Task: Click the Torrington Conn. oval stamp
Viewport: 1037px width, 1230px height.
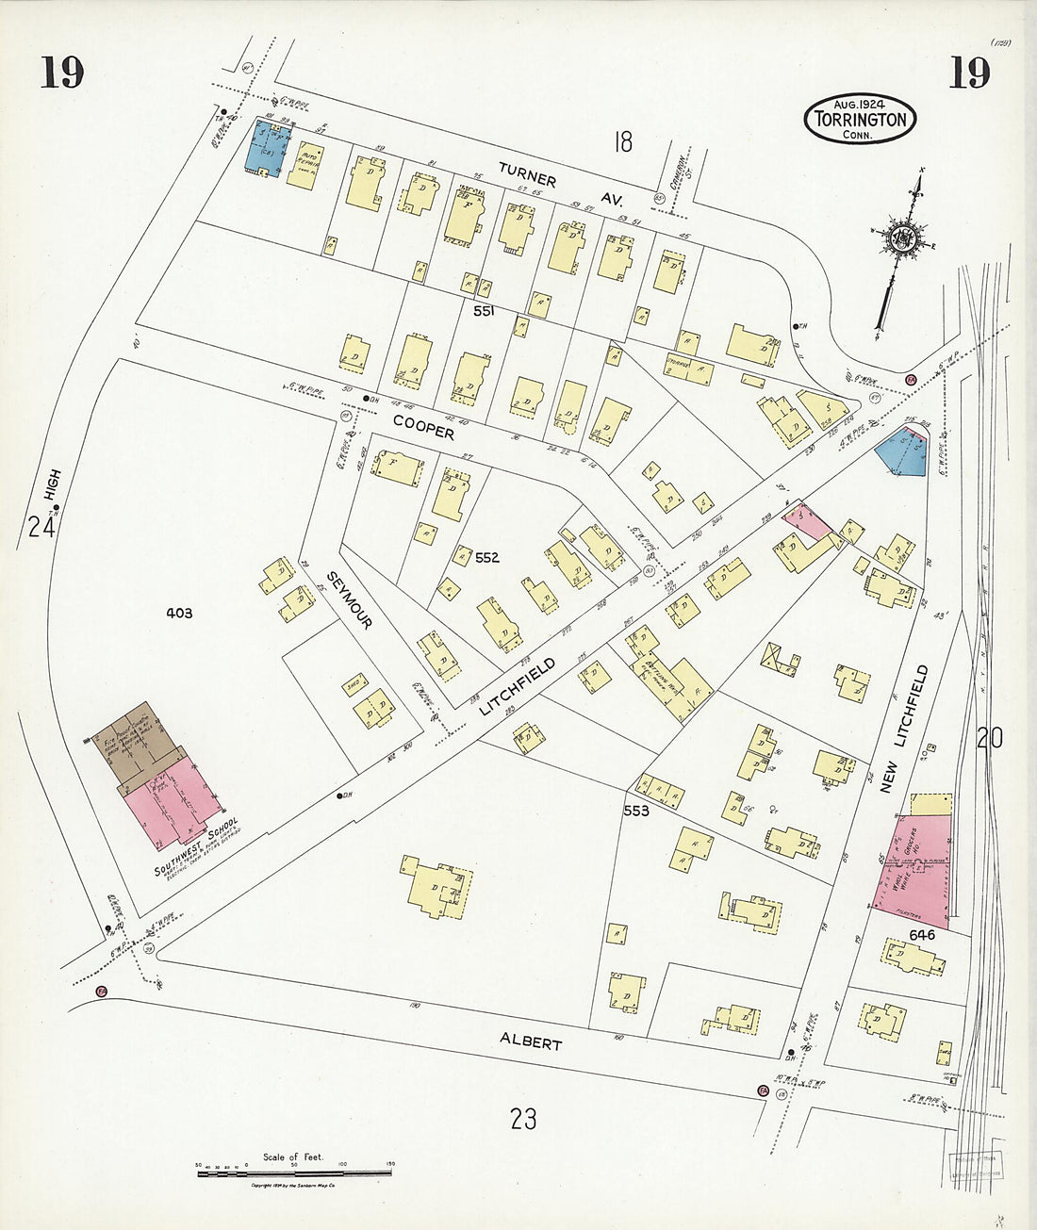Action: (x=860, y=119)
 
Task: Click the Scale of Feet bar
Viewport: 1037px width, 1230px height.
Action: (x=294, y=1172)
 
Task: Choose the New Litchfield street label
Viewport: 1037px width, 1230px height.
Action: (x=904, y=729)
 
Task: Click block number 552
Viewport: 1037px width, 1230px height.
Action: (x=486, y=558)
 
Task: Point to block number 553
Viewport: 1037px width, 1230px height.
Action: (x=636, y=810)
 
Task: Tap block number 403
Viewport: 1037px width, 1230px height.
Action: (x=179, y=613)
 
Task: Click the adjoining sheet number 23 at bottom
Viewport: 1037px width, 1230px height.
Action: (x=523, y=1119)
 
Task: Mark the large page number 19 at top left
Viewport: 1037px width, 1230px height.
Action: (x=62, y=73)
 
